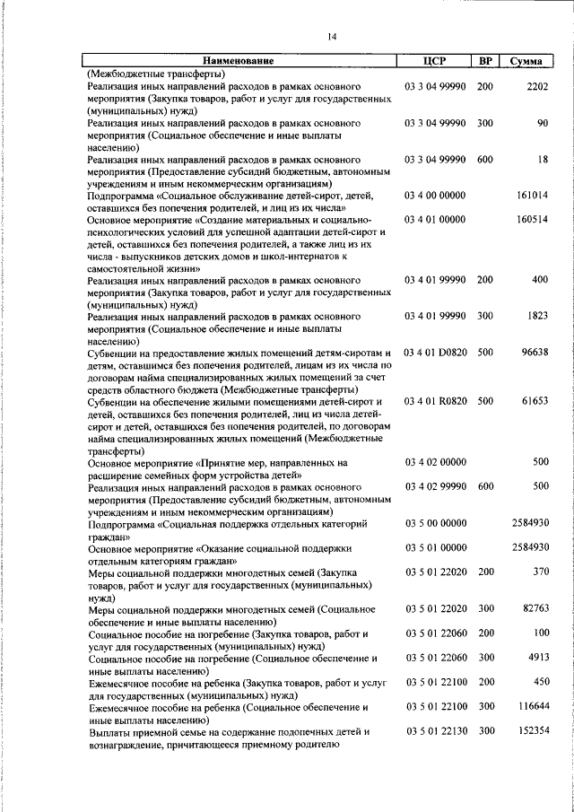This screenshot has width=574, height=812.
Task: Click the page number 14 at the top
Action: [x=332, y=37]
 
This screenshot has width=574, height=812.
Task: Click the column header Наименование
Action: [x=237, y=62]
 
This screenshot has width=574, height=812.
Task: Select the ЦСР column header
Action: [x=434, y=62]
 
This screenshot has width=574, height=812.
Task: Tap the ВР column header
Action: [x=485, y=62]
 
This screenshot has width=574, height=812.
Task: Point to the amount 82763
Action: [x=534, y=609]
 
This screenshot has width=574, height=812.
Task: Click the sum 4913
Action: [x=536, y=658]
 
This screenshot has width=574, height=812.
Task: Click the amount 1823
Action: [x=536, y=316]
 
